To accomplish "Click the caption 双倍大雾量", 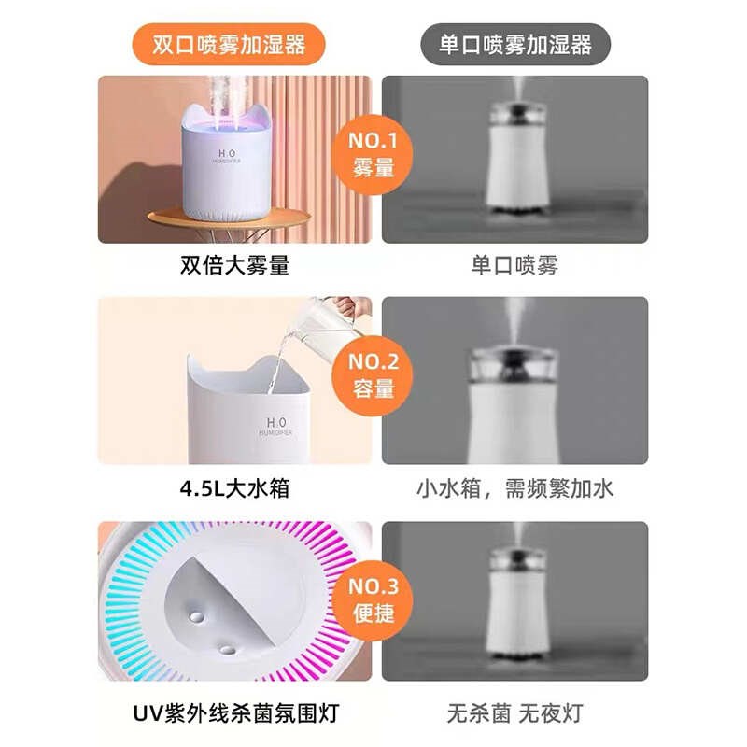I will [x=234, y=265].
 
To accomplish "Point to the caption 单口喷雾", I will [x=514, y=265].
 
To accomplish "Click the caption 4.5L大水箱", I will [x=234, y=488].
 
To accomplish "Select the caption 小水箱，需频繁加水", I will [x=514, y=488].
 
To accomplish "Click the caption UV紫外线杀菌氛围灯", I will [x=234, y=714].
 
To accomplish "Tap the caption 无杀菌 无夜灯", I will [x=514, y=714].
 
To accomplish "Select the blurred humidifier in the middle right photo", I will [x=512, y=392].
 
